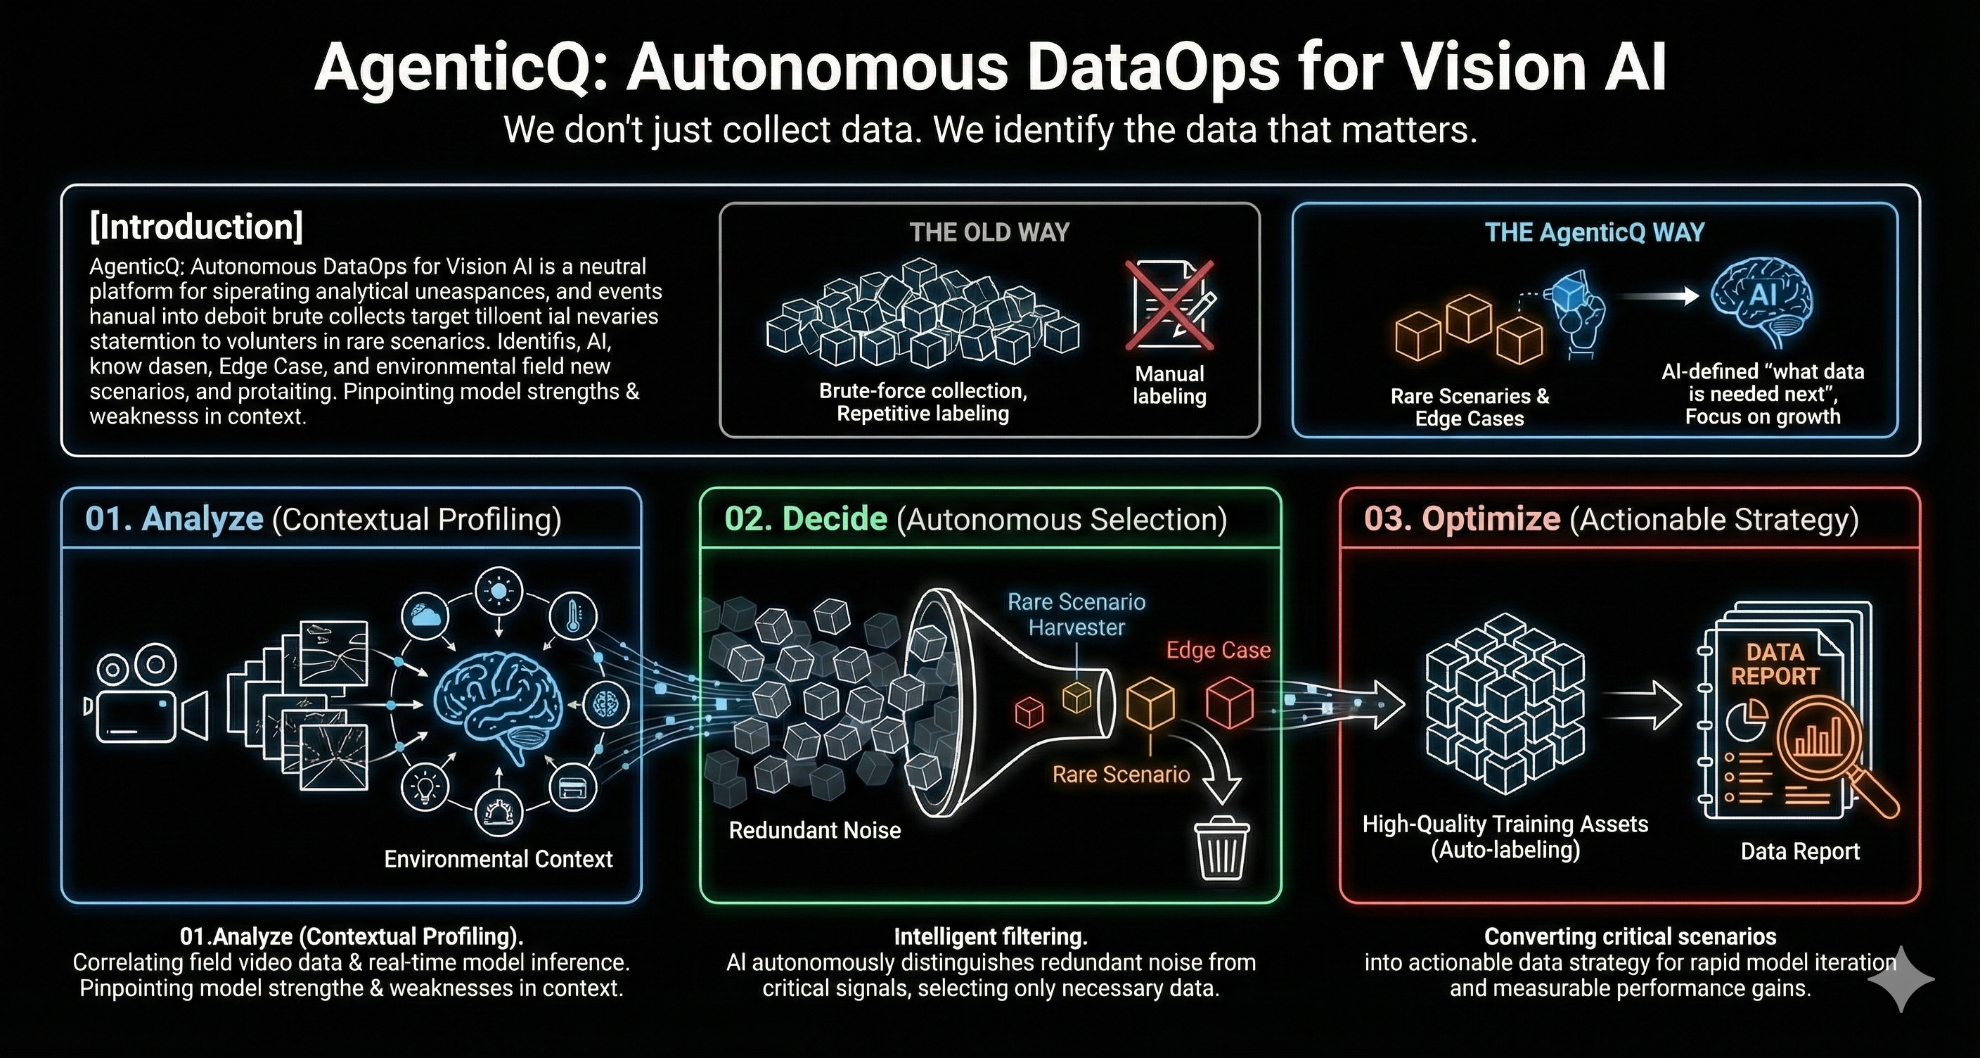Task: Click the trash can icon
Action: pyautogui.click(x=1221, y=848)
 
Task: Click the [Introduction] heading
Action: pyautogui.click(x=196, y=227)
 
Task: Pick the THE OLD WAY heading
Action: pyautogui.click(x=989, y=232)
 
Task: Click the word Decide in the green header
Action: pyautogui.click(x=835, y=519)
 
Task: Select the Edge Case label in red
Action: pyautogui.click(x=1219, y=651)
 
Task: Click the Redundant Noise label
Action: pyautogui.click(x=815, y=830)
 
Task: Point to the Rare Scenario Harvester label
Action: pyautogui.click(x=1076, y=614)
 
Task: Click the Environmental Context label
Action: pyautogui.click(x=498, y=859)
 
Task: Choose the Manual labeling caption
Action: pyautogui.click(x=1169, y=385)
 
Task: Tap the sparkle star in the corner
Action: pyautogui.click(x=1901, y=979)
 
